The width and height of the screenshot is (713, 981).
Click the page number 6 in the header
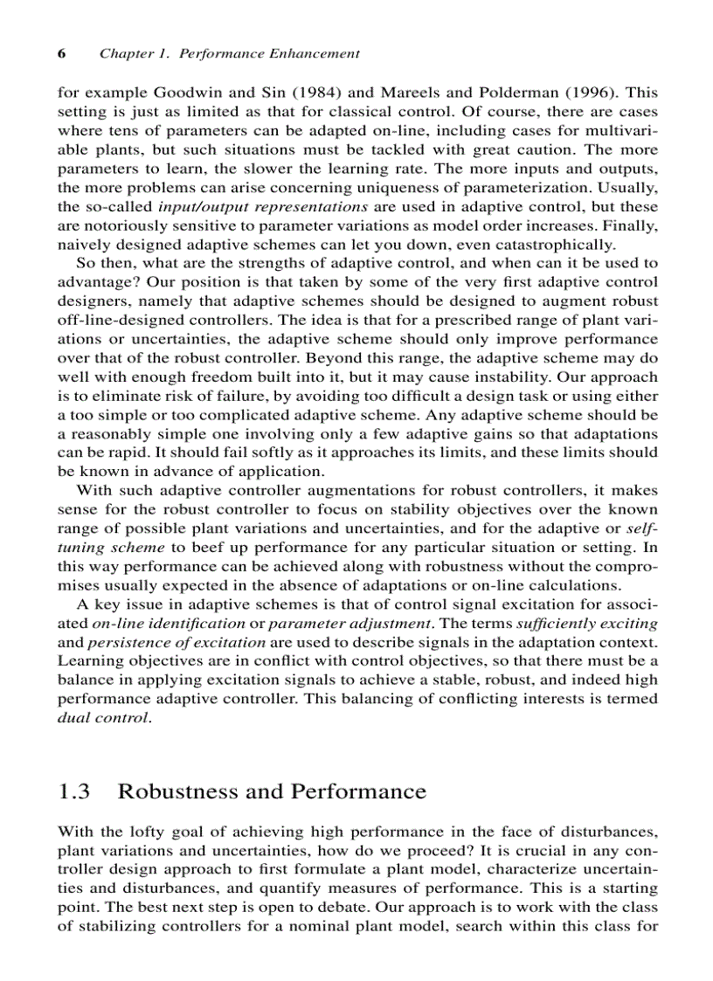(62, 53)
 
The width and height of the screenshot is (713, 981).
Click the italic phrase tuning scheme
(111, 548)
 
